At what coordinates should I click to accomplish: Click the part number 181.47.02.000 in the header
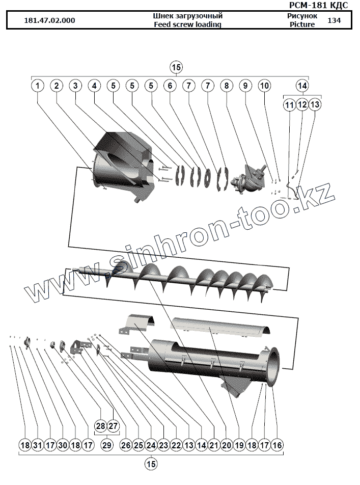pos(50,20)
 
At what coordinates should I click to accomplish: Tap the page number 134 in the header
pos(335,20)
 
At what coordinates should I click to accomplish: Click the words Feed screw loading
pos(187,24)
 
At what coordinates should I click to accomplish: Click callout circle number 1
pos(37,86)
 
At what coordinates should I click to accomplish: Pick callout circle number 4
pos(94,86)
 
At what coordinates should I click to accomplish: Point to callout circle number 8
pos(226,86)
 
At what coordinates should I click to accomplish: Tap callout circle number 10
pos(264,86)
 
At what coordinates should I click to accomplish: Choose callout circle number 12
pos(302,104)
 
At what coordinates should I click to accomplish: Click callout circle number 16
pos(276,445)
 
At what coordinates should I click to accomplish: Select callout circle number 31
pos(37,445)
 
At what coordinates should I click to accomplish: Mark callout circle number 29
pos(106,445)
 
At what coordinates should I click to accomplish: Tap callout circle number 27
pos(113,425)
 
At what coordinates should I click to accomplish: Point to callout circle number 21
pos(214,445)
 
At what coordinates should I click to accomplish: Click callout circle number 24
pos(151,445)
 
